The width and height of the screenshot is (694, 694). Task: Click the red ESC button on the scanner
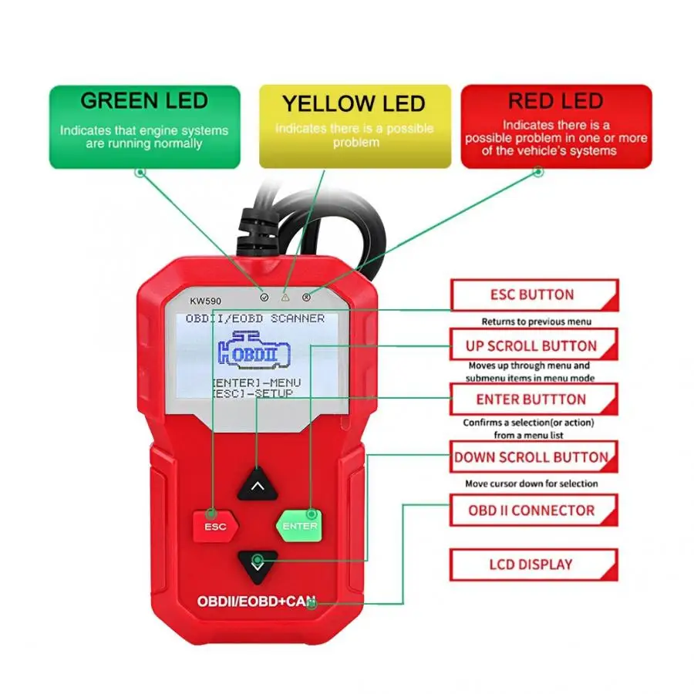click(215, 527)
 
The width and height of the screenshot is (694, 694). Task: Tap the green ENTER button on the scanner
click(299, 526)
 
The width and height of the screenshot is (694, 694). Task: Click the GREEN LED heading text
click(144, 101)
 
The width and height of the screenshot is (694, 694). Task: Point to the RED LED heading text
click(555, 101)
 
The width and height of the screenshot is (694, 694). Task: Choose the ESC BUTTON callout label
click(532, 295)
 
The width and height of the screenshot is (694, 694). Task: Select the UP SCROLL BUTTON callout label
click(531, 345)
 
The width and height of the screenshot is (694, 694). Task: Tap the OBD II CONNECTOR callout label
click(531, 510)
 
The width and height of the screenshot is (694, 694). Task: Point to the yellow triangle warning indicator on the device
click(285, 296)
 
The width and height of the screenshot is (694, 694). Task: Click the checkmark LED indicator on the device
click(264, 296)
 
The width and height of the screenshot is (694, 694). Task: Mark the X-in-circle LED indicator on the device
click(306, 296)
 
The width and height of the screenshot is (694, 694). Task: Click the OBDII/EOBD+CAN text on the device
click(256, 601)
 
